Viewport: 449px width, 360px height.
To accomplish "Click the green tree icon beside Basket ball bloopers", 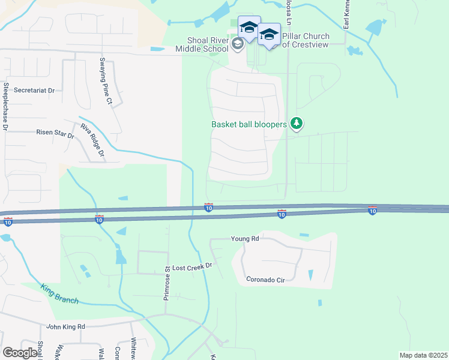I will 296,124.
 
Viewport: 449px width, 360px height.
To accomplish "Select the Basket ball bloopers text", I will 249,125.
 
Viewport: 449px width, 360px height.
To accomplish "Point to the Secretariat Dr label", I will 35,90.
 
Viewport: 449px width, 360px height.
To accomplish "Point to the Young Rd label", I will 245,238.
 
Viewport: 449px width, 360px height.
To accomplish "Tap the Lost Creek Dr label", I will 193,266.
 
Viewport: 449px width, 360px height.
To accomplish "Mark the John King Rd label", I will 66,326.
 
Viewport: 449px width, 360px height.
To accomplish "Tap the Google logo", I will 20,353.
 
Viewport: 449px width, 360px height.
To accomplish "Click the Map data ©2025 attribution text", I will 423,355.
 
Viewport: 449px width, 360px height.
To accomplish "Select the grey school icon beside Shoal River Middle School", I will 237,43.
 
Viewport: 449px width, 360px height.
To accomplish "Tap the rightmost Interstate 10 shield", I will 372,211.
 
